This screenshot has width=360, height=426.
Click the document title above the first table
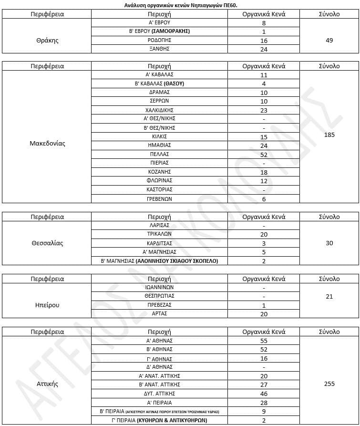[x=180, y=5]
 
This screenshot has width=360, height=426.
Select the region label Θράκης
[x=47, y=40]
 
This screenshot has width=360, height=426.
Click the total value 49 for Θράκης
[x=329, y=40]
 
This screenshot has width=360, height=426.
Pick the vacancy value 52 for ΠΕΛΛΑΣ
[x=264, y=155]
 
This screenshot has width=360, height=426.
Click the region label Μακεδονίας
[x=47, y=143]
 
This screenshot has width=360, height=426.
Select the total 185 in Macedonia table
[x=329, y=135]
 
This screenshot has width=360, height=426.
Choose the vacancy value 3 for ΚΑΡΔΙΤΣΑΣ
[x=264, y=243]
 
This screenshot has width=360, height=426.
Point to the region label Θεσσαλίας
[x=47, y=243]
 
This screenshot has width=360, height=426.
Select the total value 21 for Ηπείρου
[x=329, y=296]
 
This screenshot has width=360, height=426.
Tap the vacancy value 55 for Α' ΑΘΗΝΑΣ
[x=264, y=341]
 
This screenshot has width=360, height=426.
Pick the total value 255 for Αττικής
[x=329, y=384]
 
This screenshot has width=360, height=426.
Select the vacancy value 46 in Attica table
[x=264, y=394]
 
